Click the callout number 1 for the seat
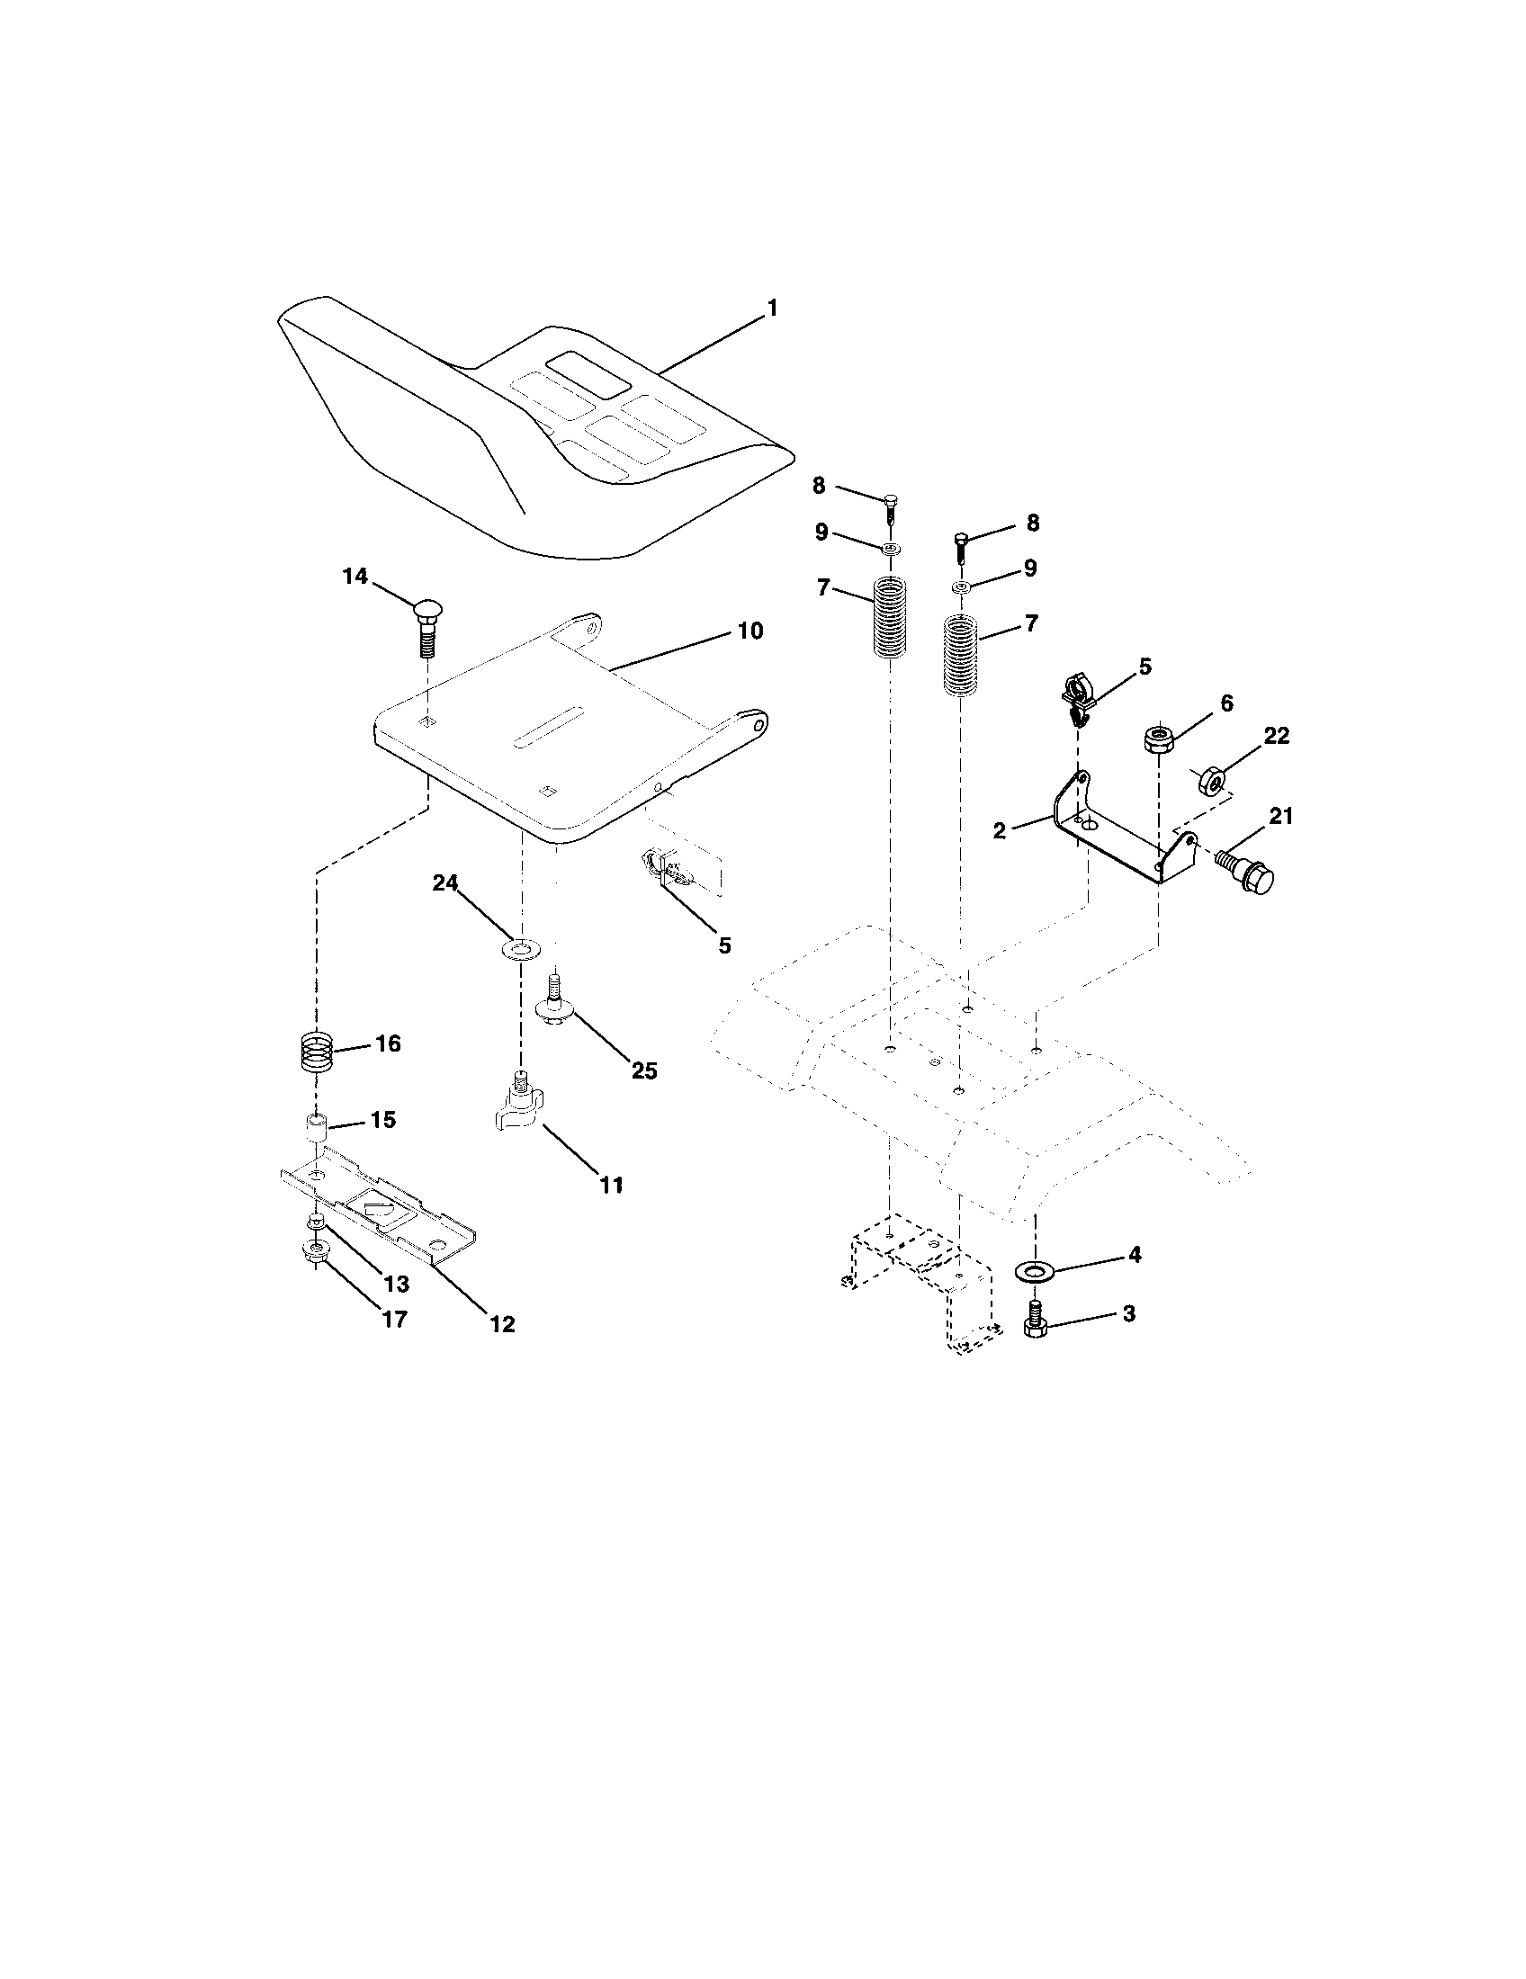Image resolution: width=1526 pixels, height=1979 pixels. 772,309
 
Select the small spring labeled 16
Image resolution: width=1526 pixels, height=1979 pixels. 316,1052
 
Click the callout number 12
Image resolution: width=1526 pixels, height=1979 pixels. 501,1323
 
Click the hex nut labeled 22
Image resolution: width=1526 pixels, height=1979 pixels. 1211,778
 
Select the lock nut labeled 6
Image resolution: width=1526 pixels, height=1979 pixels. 1158,739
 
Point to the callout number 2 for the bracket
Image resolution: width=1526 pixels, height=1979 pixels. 1000,830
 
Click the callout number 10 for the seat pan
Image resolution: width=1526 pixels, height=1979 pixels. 750,631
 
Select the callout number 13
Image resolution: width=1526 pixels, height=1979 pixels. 396,1284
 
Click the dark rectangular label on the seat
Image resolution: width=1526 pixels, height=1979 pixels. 588,372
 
